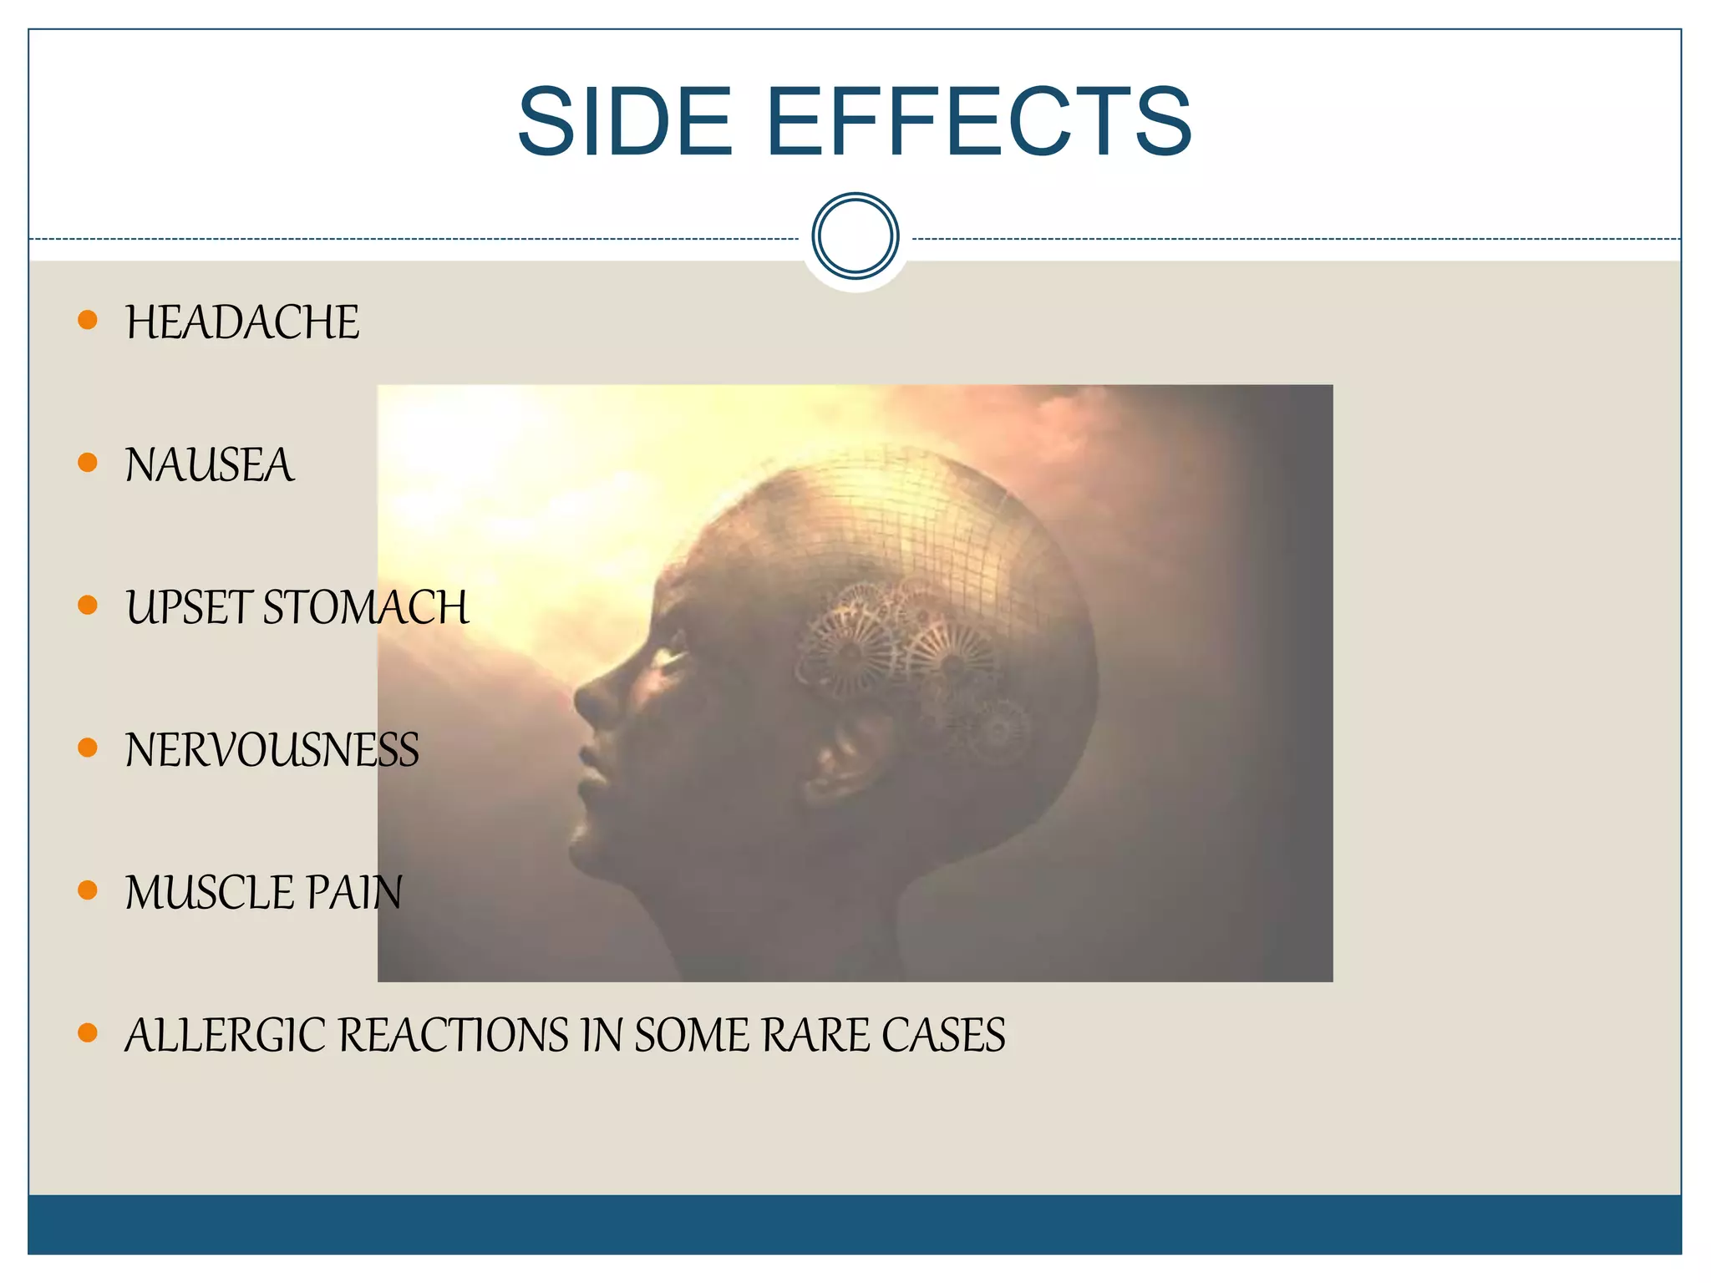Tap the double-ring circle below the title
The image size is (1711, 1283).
[855, 236]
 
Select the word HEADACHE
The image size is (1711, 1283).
[242, 322]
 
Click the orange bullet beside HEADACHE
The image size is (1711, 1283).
[88, 319]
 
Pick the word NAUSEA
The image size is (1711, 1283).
[210, 465]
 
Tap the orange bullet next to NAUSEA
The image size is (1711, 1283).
[88, 462]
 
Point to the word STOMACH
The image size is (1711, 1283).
[366, 607]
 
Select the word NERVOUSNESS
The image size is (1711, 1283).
[272, 750]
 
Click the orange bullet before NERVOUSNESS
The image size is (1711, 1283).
[88, 747]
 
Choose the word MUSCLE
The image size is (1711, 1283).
[209, 893]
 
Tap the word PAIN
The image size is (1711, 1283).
[354, 893]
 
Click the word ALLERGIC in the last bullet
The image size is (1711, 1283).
[225, 1036]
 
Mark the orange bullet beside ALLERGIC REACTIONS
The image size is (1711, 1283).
[88, 1032]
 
